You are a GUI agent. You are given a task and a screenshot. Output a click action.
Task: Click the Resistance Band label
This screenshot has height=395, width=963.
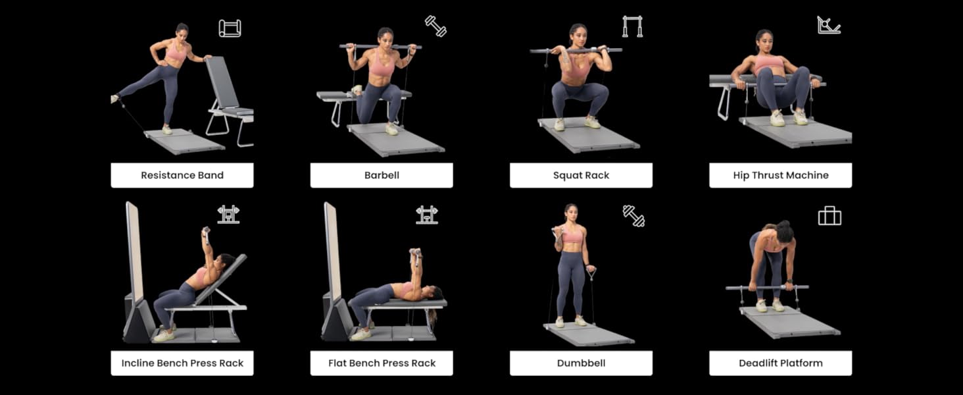[182, 175]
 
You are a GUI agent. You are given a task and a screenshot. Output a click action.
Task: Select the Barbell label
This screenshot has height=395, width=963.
[382, 175]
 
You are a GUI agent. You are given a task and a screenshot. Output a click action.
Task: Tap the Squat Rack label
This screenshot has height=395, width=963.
[581, 175]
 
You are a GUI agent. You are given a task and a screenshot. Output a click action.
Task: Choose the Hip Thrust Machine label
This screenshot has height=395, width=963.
[781, 175]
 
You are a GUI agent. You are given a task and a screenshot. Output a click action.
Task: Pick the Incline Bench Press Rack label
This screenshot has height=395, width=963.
[182, 363]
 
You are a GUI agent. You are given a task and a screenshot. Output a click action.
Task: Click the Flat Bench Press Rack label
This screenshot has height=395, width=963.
[382, 363]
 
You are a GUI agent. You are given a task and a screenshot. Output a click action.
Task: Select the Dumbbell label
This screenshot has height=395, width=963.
[581, 363]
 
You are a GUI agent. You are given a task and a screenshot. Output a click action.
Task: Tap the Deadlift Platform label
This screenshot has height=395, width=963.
[781, 363]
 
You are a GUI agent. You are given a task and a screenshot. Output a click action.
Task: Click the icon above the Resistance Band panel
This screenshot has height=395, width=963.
[230, 28]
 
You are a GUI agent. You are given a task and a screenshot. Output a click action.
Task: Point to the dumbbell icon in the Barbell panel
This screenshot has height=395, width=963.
[436, 26]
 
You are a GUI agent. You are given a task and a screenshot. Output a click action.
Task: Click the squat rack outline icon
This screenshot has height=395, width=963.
[632, 26]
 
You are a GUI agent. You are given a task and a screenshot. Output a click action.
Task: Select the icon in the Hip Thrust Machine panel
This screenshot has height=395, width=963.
[828, 25]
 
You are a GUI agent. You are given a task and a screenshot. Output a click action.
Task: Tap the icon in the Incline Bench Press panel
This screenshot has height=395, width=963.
[228, 215]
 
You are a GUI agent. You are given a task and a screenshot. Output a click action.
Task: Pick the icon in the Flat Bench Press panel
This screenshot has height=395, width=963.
[427, 215]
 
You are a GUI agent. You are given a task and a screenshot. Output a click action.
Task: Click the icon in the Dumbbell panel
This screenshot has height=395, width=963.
[633, 216]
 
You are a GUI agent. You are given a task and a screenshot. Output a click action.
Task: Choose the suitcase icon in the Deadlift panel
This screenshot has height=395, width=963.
[829, 216]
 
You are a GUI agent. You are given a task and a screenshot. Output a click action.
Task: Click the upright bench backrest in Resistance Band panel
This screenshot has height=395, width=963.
[222, 82]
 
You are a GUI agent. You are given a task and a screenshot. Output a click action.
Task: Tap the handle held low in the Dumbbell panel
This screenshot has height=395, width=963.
[591, 274]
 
